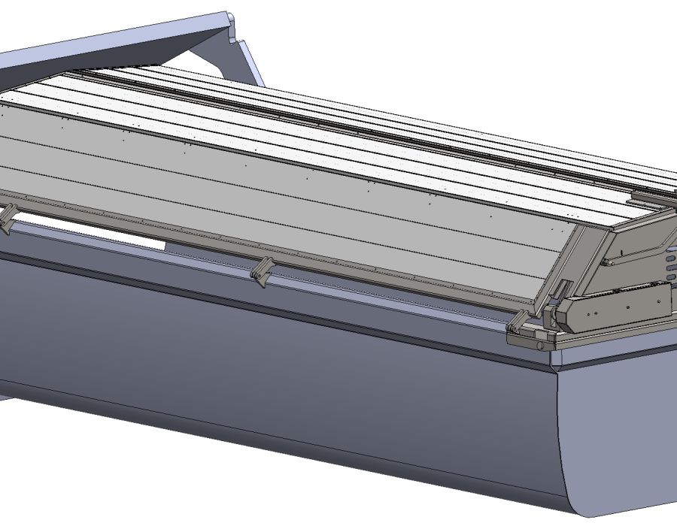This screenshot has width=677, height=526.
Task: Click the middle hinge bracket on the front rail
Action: coord(260,272)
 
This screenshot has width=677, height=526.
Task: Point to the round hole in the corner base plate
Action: coord(539,346)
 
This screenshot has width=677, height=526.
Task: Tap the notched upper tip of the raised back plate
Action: coord(229,18)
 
